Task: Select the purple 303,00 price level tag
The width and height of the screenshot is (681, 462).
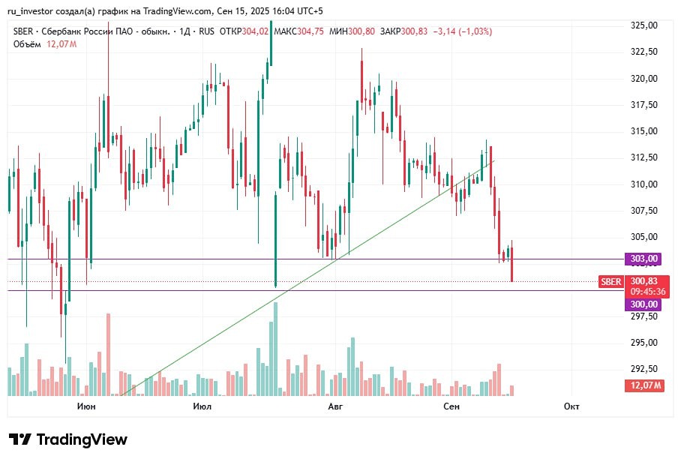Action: click(643, 259)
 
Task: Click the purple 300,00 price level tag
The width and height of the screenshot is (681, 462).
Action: click(643, 304)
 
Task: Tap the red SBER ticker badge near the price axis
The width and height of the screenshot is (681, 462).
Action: click(610, 282)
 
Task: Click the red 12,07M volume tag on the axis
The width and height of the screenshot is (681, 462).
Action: click(644, 385)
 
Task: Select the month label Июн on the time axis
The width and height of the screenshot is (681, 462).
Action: click(86, 406)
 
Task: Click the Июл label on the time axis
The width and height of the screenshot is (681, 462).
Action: click(202, 406)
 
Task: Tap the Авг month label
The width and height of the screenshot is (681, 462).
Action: click(335, 406)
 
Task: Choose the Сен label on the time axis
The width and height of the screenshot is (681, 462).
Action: click(451, 406)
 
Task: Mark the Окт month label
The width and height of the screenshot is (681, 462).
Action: click(571, 406)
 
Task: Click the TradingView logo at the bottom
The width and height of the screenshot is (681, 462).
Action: click(68, 439)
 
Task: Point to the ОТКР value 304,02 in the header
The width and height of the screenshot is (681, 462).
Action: click(256, 31)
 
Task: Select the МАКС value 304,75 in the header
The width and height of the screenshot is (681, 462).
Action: click(310, 31)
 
